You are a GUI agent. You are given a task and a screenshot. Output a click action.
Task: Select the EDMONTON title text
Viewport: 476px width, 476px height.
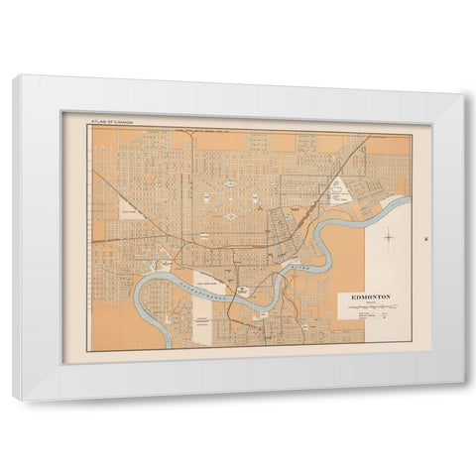[x=370, y=297]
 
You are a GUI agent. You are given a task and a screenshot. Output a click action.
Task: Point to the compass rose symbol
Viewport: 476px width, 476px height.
[x=390, y=237]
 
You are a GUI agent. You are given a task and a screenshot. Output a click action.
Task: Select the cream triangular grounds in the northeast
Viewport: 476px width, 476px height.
[x=340, y=189]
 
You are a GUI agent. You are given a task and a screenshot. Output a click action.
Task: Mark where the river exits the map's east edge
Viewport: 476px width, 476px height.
[x=406, y=199]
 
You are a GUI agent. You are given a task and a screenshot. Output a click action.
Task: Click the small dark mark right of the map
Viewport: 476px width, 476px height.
[x=423, y=237]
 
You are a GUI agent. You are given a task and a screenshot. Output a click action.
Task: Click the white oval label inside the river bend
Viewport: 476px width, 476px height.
[x=243, y=306]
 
